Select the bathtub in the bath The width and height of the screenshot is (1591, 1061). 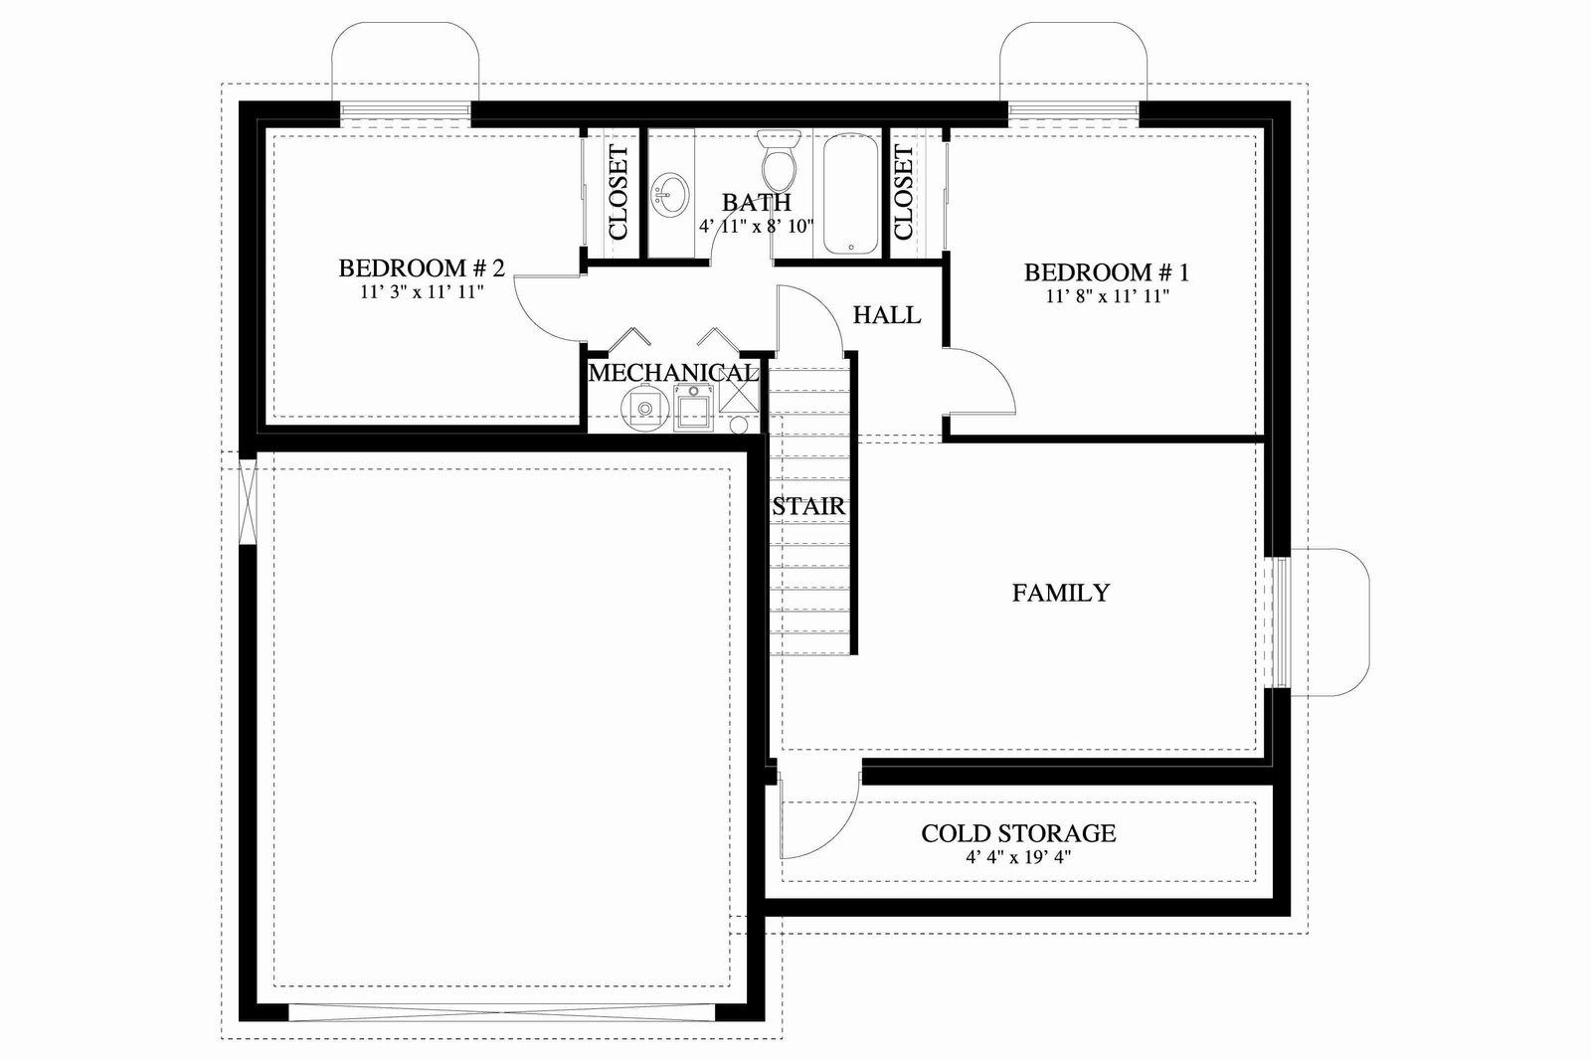(851, 194)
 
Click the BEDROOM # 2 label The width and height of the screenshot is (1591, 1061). (422, 268)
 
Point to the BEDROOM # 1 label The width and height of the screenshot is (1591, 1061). (1107, 272)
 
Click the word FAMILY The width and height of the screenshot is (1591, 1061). (1060, 593)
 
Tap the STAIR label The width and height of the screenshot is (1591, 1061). (808, 506)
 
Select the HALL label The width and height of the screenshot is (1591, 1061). (886, 314)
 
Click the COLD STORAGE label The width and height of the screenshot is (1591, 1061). (1018, 833)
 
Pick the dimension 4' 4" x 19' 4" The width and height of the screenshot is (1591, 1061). (1018, 857)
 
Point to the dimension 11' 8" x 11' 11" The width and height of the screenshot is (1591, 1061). (1108, 296)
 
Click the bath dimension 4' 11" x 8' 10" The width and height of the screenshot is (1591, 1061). (757, 227)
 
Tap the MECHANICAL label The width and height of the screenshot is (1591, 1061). (673, 373)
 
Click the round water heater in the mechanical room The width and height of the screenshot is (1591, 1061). (645, 408)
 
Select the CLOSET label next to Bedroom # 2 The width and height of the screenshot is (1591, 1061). (619, 193)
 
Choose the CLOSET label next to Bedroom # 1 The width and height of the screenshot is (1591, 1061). (903, 193)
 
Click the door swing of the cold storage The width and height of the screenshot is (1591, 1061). (838, 835)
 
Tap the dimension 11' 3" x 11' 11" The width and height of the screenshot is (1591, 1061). (422, 292)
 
